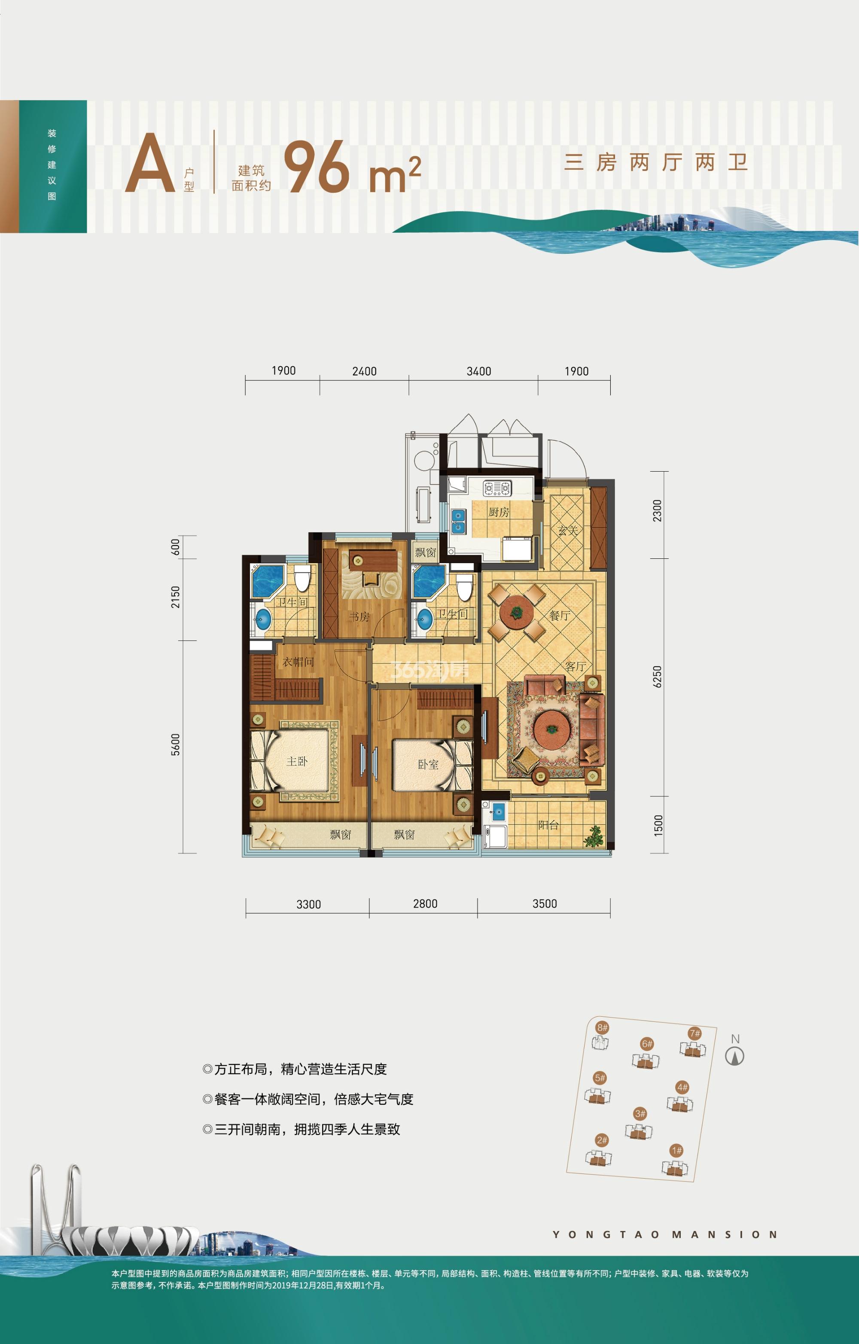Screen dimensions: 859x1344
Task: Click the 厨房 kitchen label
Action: [498, 512]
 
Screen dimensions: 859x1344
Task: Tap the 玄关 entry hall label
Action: [568, 530]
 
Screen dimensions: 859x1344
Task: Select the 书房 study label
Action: [359, 617]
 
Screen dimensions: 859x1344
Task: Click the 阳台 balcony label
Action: [548, 825]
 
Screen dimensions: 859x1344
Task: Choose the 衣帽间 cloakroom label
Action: [298, 662]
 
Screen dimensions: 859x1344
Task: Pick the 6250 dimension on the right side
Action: [657, 677]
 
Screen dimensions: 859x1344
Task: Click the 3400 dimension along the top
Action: [479, 371]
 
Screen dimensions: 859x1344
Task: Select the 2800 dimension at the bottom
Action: [425, 904]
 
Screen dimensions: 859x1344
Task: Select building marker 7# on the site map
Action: [695, 1033]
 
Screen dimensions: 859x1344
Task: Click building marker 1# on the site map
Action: [676, 1150]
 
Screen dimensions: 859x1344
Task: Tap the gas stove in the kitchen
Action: [497, 488]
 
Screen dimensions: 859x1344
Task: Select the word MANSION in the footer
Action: [725, 1234]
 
